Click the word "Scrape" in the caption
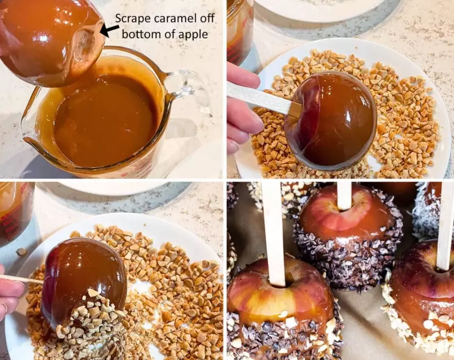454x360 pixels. tap(132, 19)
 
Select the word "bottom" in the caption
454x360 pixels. tap(150, 33)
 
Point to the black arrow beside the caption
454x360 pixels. tap(109, 31)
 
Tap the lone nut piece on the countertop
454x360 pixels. tap(21, 252)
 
